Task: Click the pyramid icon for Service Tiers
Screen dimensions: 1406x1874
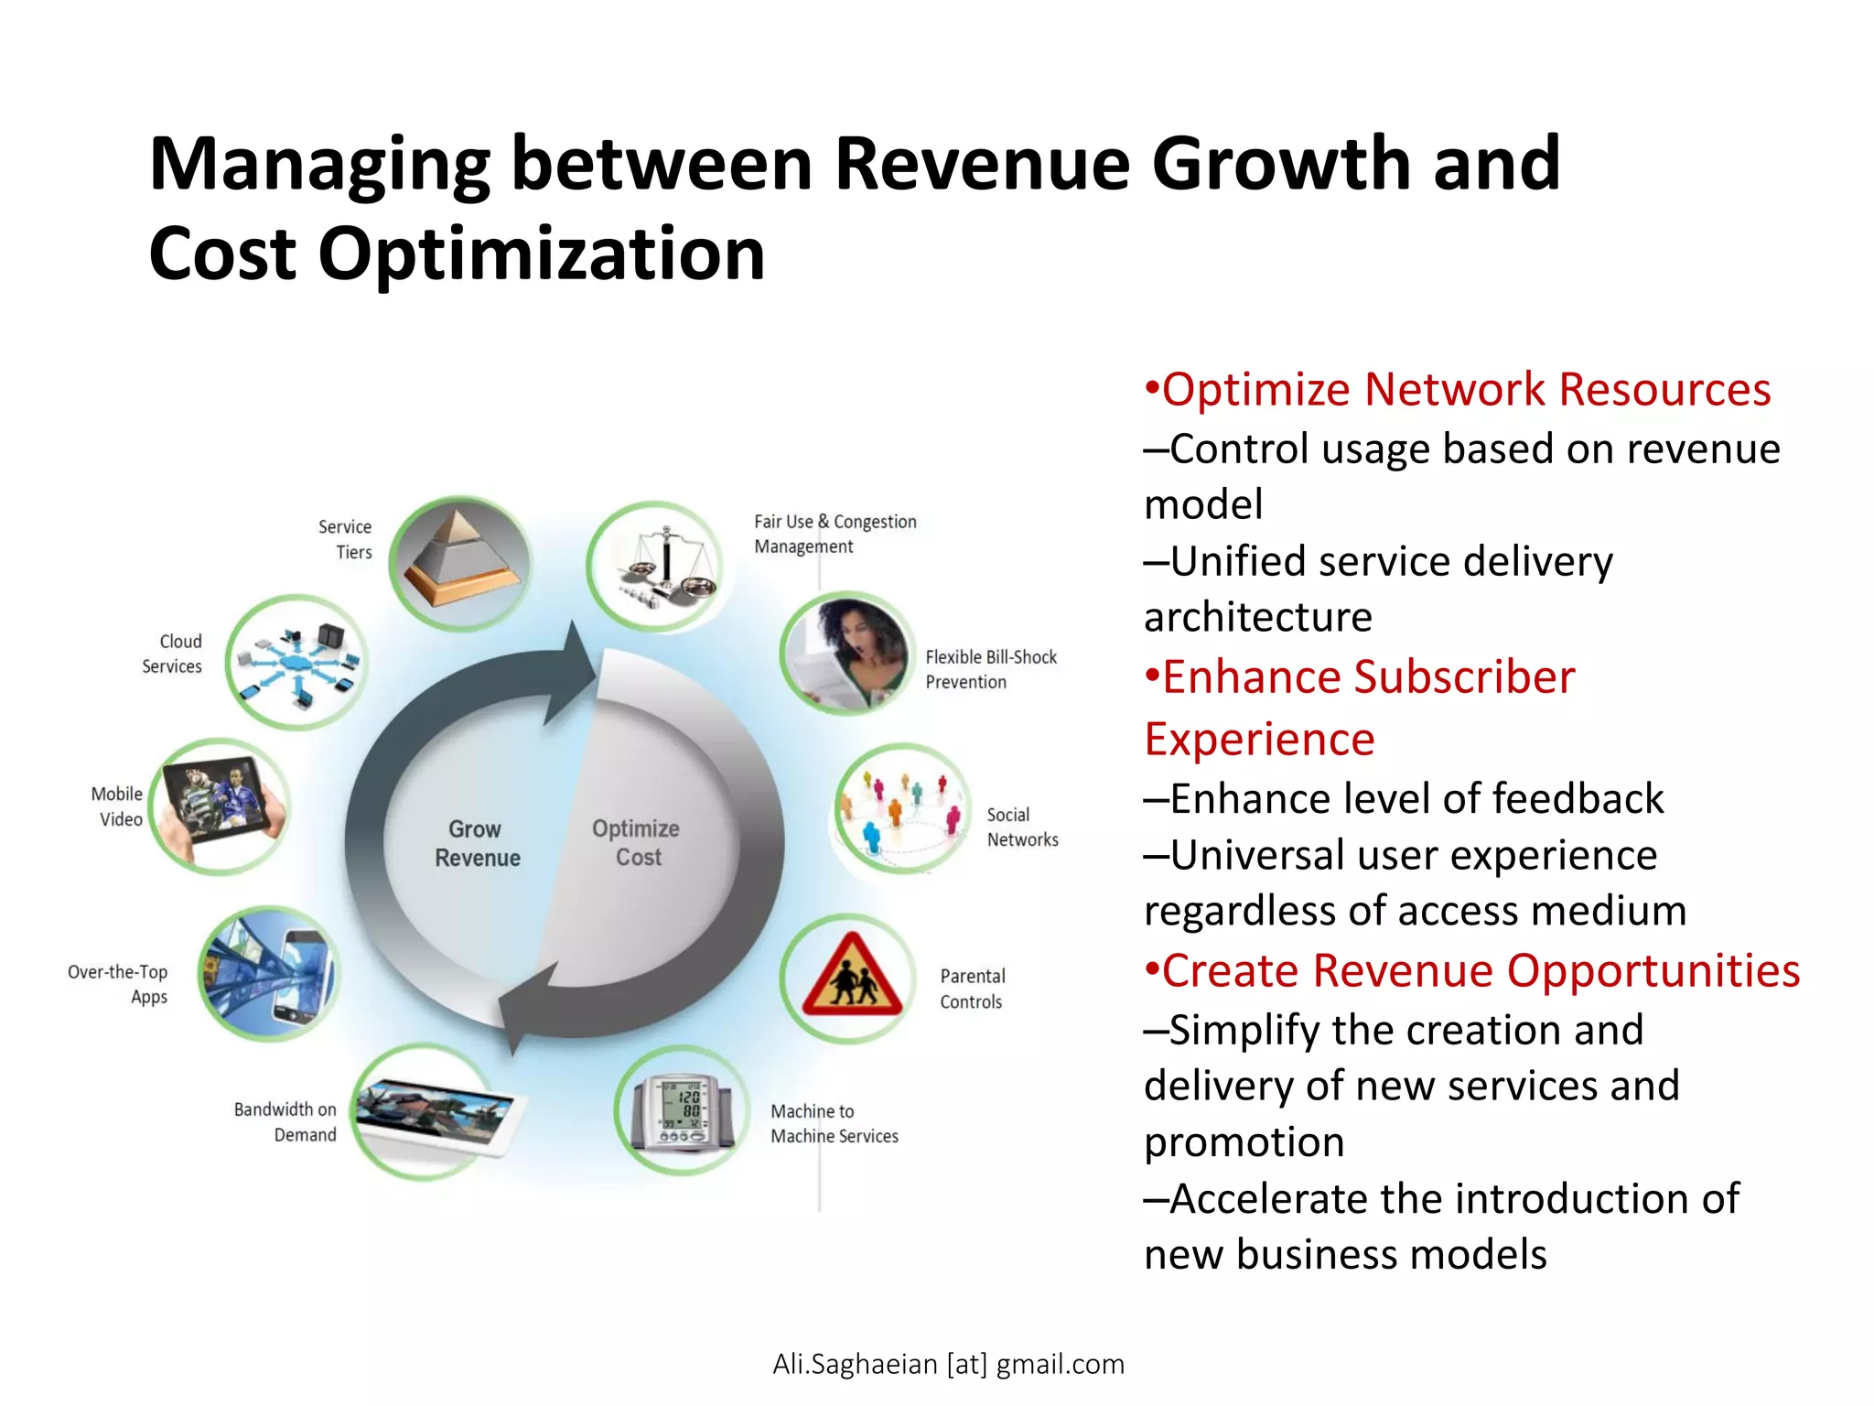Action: click(460, 562)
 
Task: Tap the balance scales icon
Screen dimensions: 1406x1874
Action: click(656, 567)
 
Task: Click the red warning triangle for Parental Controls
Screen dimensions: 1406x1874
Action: click(851, 978)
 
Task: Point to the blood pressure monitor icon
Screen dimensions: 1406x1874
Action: click(682, 1111)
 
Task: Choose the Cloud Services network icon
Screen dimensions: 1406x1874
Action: click(296, 662)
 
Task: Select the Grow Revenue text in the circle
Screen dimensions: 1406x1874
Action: click(477, 843)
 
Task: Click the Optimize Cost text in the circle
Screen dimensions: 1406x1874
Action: click(637, 842)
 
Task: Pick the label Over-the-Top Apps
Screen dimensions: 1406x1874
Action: click(118, 984)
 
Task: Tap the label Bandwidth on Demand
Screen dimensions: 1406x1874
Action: click(285, 1121)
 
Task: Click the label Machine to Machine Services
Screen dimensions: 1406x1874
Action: click(834, 1123)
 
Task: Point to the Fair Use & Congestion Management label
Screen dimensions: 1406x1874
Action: click(834, 534)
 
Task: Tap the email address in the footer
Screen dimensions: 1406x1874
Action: click(948, 1364)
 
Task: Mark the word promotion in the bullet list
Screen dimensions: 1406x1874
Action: click(1244, 1142)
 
